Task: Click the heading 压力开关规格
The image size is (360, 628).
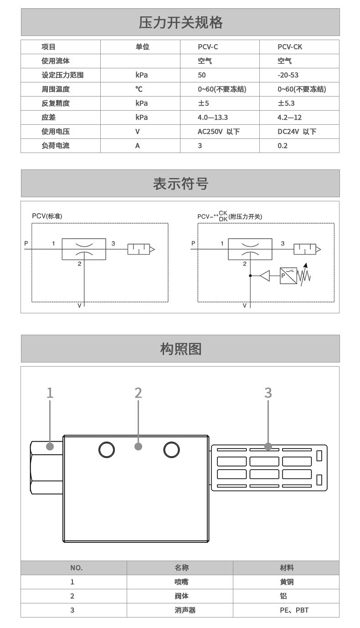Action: coord(180,22)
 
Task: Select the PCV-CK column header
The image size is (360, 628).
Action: coord(290,47)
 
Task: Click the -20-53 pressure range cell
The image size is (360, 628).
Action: coord(288,75)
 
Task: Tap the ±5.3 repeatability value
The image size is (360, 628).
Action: coord(286,103)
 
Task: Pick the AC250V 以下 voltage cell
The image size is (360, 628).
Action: coord(219,132)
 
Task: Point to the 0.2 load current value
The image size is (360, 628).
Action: coord(283,146)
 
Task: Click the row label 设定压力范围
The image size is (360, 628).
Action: coord(62,75)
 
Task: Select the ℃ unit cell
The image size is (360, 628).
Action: coord(139,89)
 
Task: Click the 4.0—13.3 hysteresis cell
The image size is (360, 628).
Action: coord(213,117)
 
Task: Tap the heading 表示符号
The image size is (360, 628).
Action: coord(180,184)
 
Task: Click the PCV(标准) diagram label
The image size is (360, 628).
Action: coord(47,216)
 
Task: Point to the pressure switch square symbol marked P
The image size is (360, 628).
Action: coord(288,276)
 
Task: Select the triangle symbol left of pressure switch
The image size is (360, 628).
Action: coord(265,276)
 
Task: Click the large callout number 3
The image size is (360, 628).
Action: coord(268,393)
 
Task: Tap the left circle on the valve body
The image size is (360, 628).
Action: coord(107,449)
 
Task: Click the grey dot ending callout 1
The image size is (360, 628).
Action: coord(50,446)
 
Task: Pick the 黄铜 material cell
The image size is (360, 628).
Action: coord(287,582)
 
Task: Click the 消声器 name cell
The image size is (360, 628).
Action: coord(185,610)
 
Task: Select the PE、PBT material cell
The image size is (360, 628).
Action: coord(294,610)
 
